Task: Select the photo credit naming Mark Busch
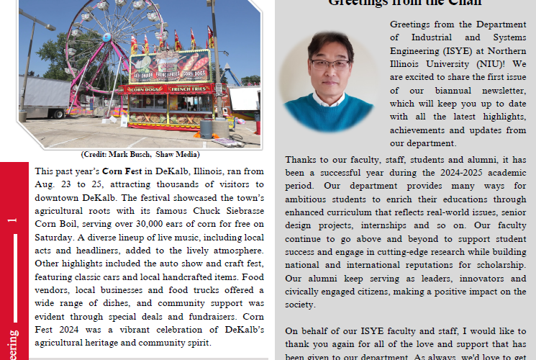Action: coord(140,155)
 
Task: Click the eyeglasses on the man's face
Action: coord(330,63)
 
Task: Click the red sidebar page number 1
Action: coord(12,220)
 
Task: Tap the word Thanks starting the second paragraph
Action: coord(299,159)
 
